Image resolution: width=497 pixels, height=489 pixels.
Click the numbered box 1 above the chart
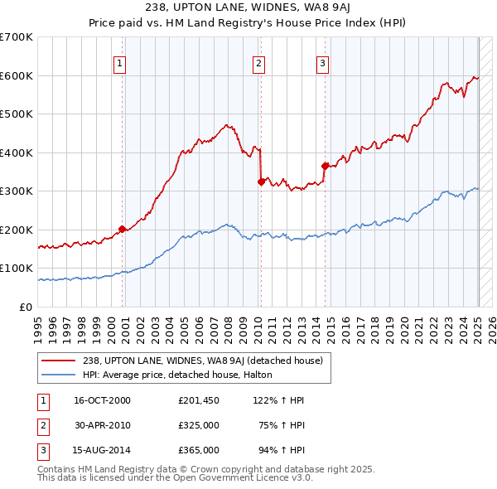click(120, 62)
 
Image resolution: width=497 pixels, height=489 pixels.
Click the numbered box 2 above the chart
click(259, 62)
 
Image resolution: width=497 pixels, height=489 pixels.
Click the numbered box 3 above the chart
click(322, 62)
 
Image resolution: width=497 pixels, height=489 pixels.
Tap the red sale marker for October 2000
click(122, 229)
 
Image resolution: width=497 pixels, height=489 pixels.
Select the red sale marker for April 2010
click(261, 182)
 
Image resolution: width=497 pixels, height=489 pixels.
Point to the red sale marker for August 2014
click(325, 166)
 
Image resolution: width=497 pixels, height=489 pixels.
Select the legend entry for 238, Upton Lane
click(207, 361)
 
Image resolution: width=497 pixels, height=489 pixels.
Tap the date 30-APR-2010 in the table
click(103, 425)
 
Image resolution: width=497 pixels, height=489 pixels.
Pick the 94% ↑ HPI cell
click(280, 450)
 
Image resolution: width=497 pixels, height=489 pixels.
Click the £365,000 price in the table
click(199, 450)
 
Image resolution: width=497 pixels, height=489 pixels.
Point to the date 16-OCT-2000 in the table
click(103, 400)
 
